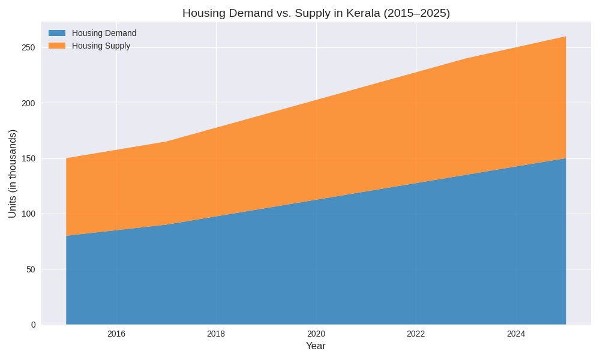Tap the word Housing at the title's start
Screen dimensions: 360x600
click(202, 13)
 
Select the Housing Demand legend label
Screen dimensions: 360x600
click(104, 33)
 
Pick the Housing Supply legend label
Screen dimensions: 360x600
click(101, 46)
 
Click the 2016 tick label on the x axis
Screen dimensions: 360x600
click(116, 334)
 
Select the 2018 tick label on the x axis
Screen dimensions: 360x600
click(216, 334)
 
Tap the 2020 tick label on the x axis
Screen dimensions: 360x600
click(316, 334)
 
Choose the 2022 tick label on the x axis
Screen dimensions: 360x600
click(416, 334)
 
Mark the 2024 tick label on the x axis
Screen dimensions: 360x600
click(516, 334)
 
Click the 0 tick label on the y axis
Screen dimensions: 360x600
click(33, 325)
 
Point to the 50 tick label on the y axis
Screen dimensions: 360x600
click(31, 269)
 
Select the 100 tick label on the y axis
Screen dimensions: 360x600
click(29, 214)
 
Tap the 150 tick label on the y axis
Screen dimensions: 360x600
click(29, 158)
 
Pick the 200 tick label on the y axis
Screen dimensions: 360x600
click(29, 103)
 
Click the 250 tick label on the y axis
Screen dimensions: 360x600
click(29, 47)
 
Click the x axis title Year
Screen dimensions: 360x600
click(316, 346)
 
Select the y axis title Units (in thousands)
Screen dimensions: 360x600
click(13, 174)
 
